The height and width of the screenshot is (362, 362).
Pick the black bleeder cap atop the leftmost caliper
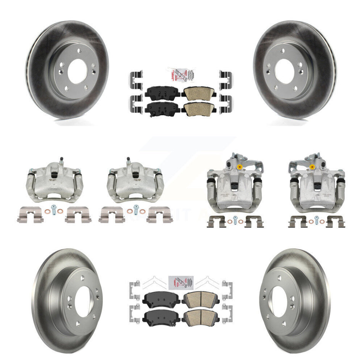click(60, 158)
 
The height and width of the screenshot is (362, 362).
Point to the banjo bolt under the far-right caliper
click(316, 219)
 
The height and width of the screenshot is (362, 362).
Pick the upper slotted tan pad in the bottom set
click(199, 298)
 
